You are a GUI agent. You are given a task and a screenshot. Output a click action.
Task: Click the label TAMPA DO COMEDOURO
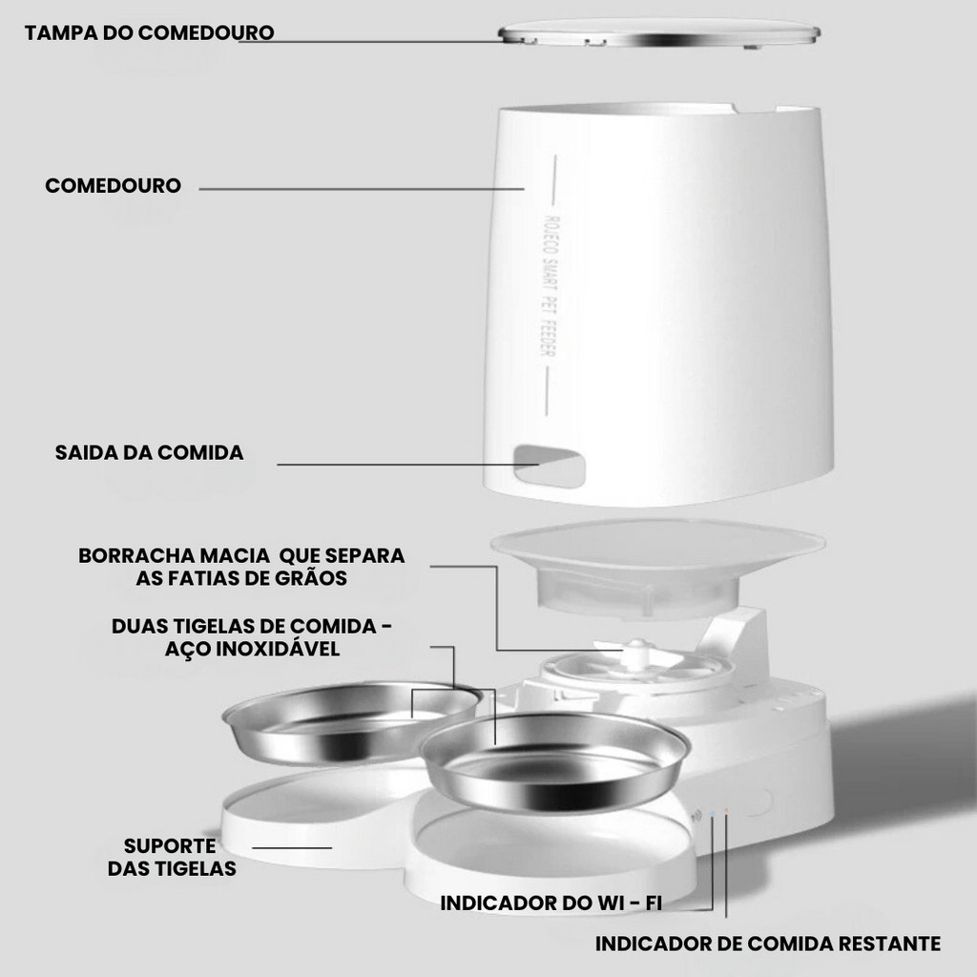point(150,32)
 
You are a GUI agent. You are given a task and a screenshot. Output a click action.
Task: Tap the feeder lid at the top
point(658,33)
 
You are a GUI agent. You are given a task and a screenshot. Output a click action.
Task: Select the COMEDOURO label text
point(114,185)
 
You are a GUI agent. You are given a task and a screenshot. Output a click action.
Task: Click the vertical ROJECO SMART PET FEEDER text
point(549,286)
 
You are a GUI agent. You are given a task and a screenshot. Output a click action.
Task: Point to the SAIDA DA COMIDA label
point(150,452)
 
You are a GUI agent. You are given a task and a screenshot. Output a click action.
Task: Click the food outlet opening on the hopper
point(549,466)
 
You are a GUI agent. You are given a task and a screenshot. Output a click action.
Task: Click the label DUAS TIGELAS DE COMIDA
point(244,626)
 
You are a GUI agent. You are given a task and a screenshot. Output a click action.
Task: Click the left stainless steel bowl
point(352,723)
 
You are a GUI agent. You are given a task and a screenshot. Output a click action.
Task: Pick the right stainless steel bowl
point(554,761)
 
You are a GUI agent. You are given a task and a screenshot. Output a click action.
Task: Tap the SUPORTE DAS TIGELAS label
point(172,857)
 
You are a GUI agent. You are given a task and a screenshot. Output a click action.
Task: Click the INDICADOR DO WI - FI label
point(551,903)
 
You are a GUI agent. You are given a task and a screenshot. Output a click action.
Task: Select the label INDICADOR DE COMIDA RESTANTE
point(768,944)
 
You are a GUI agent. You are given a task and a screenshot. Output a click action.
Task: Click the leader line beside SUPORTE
point(292,847)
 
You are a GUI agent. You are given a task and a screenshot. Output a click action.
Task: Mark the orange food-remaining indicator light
point(726,811)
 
